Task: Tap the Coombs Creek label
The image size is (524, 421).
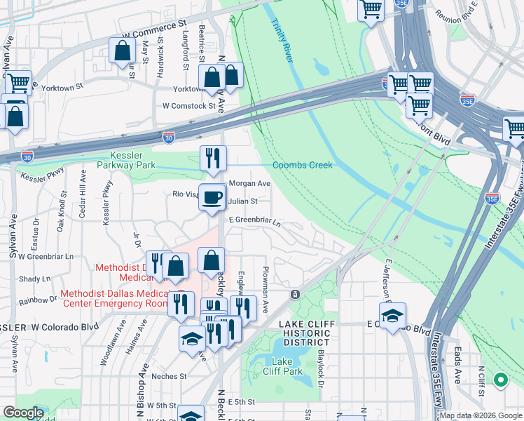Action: (x=303, y=165)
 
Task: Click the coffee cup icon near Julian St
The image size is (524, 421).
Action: (x=212, y=196)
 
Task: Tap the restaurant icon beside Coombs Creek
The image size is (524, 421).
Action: (x=212, y=159)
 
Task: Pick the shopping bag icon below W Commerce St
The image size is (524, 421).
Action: (x=122, y=51)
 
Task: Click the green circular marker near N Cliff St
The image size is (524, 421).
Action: (x=500, y=380)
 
